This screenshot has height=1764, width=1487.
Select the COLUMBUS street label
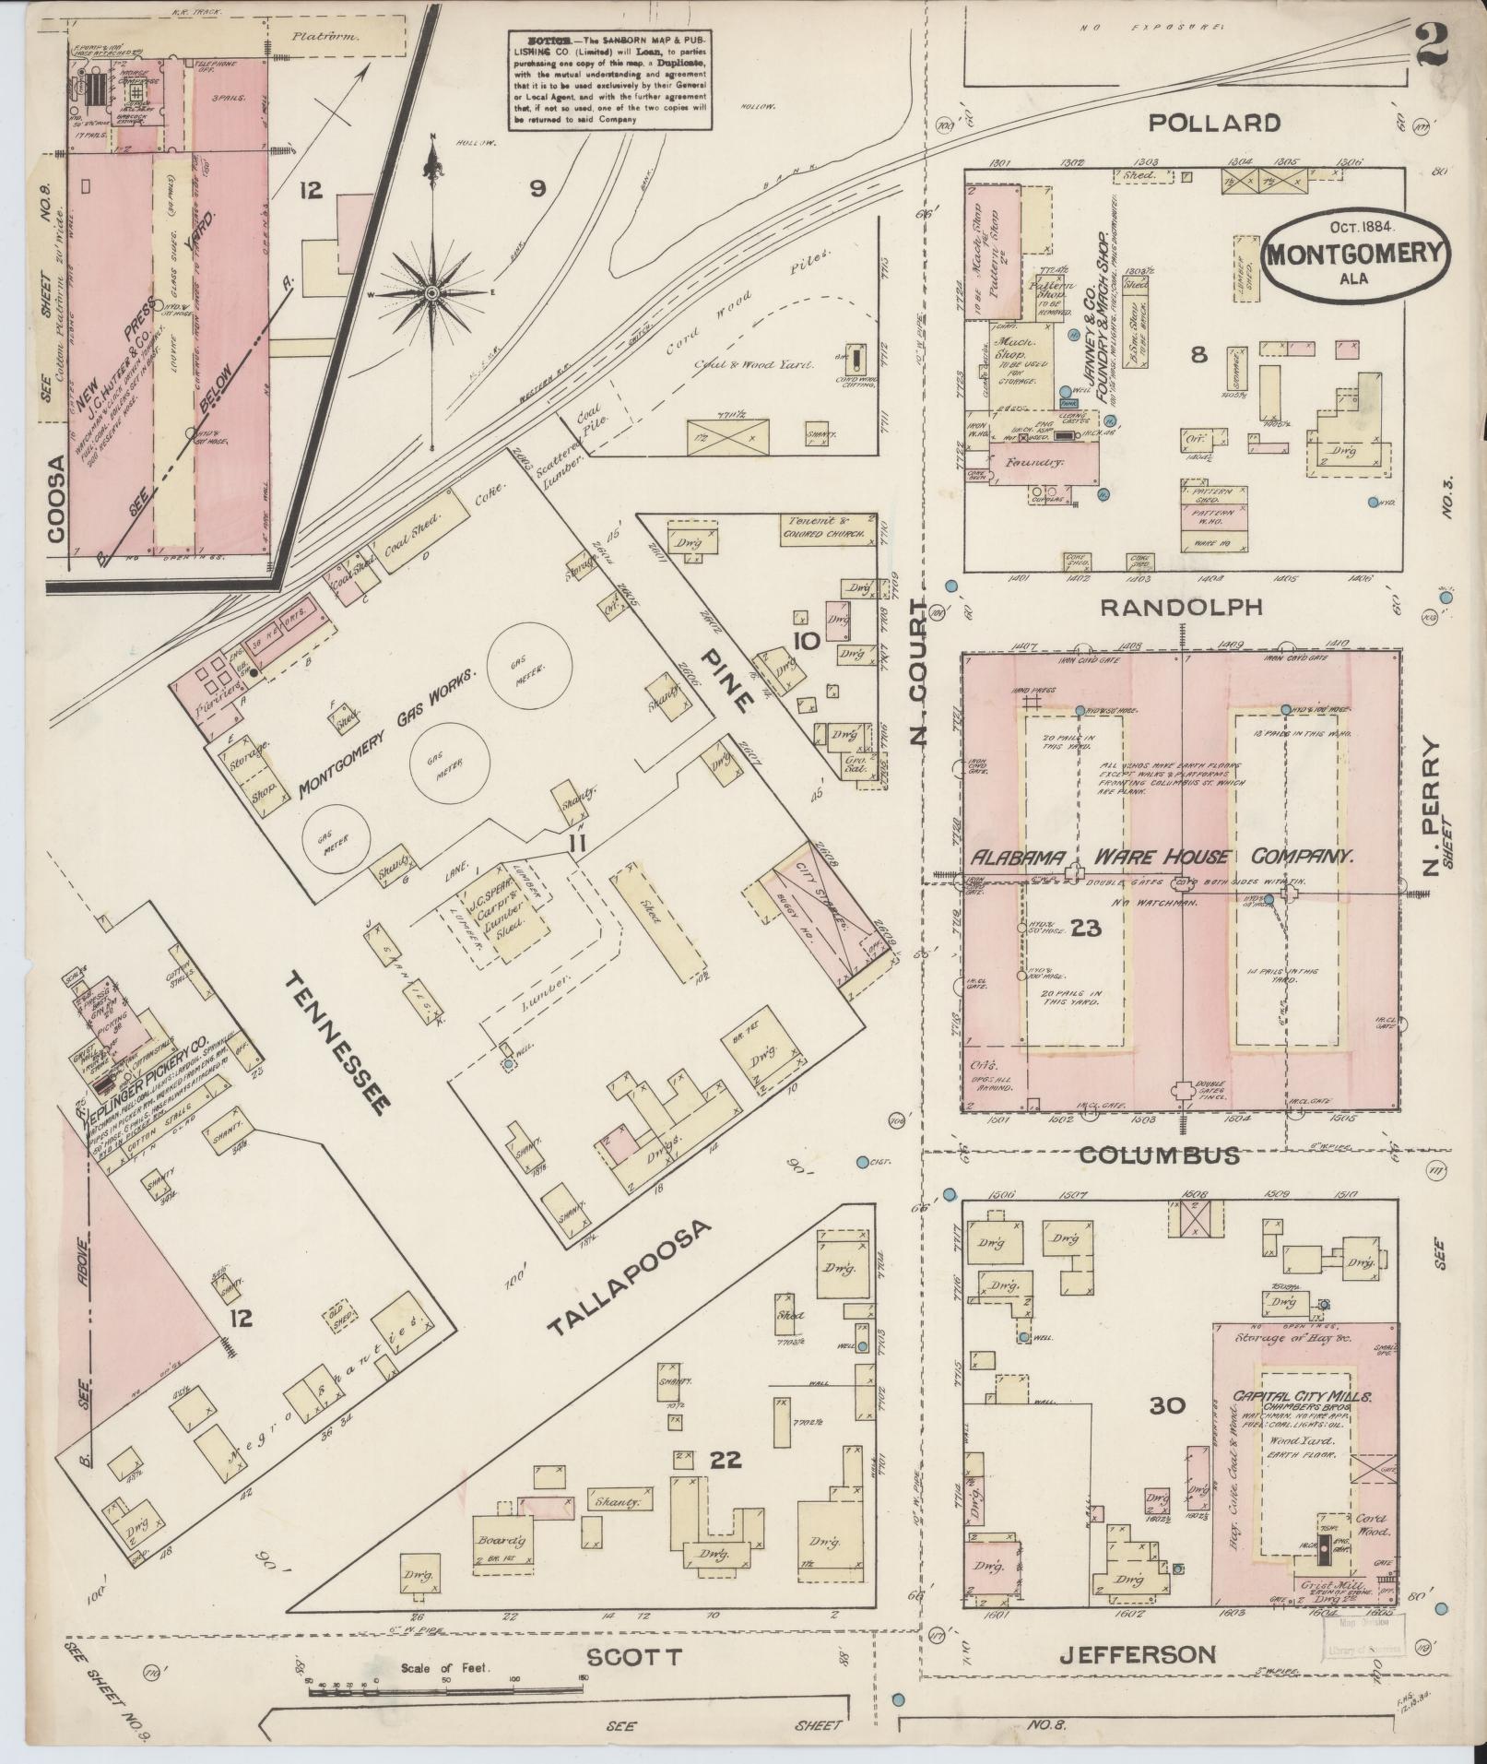click(x=1159, y=1154)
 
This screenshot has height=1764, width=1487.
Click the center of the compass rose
click(x=431, y=293)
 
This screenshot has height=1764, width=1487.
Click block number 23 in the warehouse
click(x=1086, y=929)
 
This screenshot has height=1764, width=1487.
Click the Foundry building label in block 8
click(x=1042, y=459)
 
